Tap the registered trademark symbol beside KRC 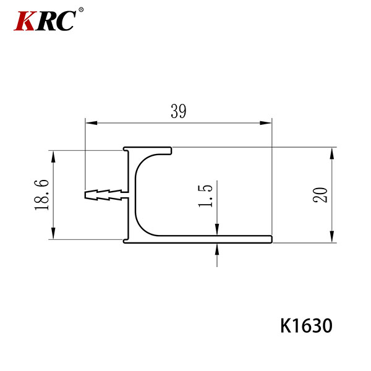click(81, 10)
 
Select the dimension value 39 click(179, 111)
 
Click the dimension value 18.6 click(41, 195)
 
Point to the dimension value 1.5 click(205, 196)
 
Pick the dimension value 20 click(320, 195)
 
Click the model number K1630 click(307, 326)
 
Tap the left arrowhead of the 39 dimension click(91, 123)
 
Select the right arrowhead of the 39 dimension click(266, 123)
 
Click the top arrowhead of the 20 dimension click(332, 153)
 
